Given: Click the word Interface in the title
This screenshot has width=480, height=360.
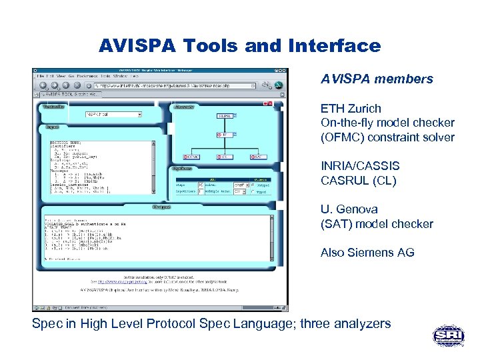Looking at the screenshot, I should point(335,46).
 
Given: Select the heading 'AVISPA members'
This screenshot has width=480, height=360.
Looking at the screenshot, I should point(377,79).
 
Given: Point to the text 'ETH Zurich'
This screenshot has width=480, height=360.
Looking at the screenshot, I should point(351,108).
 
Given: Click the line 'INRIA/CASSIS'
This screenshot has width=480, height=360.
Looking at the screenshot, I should point(360,166).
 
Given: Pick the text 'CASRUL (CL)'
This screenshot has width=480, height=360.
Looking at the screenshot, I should point(358,181).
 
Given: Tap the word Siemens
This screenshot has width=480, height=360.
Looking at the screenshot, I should point(370,253).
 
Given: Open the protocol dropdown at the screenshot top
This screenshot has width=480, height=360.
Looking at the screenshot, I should point(114,114).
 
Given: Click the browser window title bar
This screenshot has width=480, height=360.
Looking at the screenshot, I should point(160,69).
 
